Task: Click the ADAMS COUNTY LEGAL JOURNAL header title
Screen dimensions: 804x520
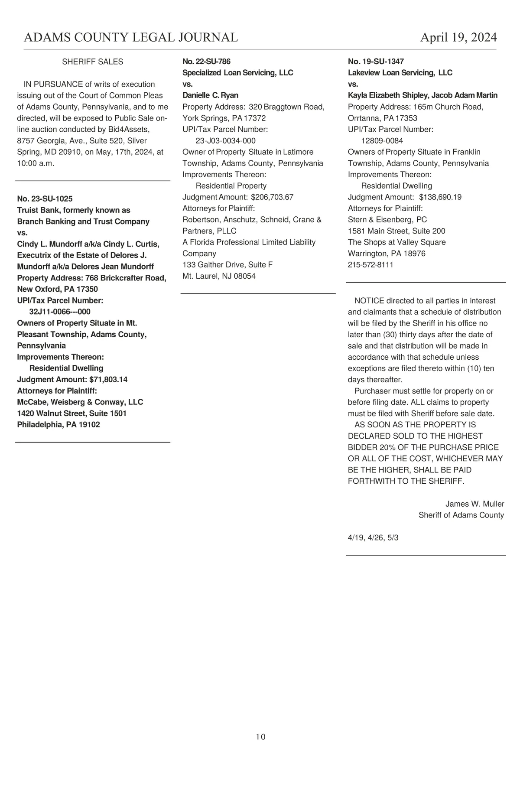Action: click(x=130, y=38)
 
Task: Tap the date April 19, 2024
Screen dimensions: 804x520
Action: click(x=458, y=38)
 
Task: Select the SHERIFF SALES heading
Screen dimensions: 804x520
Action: click(x=93, y=62)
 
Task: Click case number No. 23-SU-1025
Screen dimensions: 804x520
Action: click(x=45, y=199)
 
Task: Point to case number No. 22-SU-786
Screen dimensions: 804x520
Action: click(x=206, y=62)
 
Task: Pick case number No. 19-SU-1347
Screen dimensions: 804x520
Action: click(x=376, y=62)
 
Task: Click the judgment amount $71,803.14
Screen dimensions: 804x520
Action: click(x=108, y=380)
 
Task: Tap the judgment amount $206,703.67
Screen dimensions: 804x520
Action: click(x=272, y=197)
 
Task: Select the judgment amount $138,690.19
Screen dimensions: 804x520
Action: click(x=440, y=197)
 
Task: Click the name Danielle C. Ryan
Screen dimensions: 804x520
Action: click(x=211, y=95)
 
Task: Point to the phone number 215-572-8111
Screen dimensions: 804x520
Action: click(x=370, y=265)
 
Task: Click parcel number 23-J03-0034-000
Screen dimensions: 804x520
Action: click(x=226, y=141)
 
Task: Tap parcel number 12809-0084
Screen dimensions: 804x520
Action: click(x=382, y=141)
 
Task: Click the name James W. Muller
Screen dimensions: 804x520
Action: click(x=474, y=504)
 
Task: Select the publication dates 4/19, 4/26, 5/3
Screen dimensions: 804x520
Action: click(x=373, y=538)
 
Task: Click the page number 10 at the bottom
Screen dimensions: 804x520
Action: click(x=260, y=737)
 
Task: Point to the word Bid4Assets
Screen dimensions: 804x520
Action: click(x=128, y=130)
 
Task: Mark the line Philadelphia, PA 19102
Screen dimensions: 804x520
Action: click(x=58, y=425)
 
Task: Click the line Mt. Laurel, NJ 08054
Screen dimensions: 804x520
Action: click(x=219, y=276)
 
